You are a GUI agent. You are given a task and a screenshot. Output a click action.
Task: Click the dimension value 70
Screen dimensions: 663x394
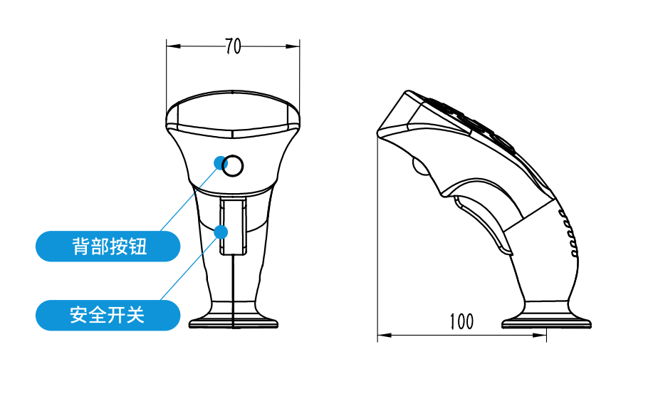(x=233, y=46)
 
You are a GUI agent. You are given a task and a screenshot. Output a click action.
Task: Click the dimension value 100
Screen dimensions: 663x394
(x=461, y=321)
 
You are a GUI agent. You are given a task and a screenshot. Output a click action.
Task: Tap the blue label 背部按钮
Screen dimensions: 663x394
(x=108, y=247)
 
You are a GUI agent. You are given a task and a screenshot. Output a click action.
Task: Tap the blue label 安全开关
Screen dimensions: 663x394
(x=108, y=316)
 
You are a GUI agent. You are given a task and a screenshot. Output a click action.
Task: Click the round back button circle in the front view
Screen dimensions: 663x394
(x=233, y=165)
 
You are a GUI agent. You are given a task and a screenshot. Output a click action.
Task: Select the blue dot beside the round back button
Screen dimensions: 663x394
(x=220, y=162)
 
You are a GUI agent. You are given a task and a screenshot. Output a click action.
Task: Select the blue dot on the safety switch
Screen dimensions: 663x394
(x=221, y=232)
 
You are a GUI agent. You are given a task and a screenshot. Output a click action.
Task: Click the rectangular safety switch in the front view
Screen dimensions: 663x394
(x=233, y=227)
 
